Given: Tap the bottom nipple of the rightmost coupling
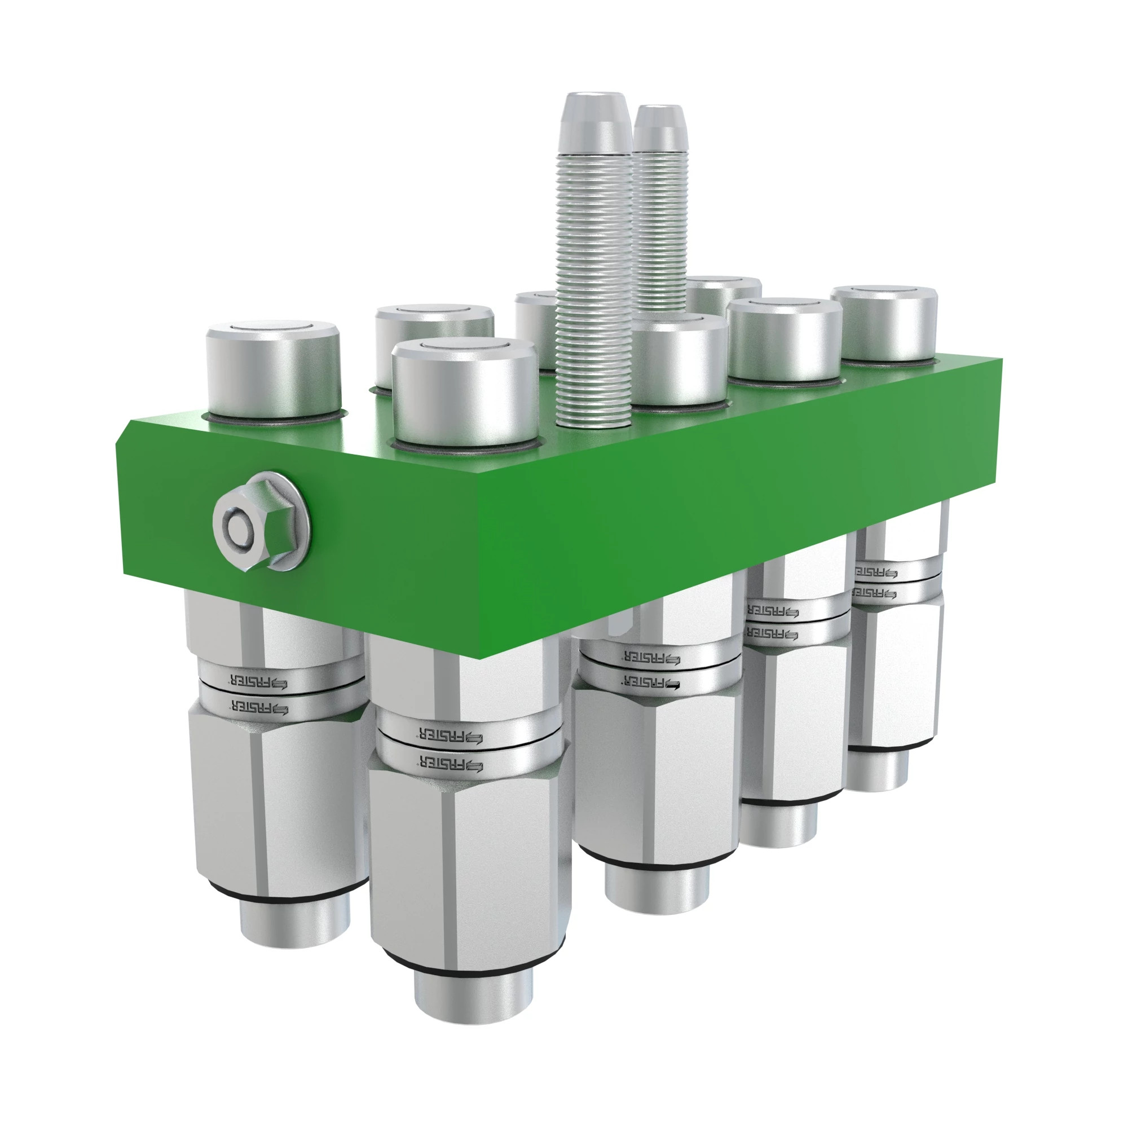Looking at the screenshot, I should (876, 770).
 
